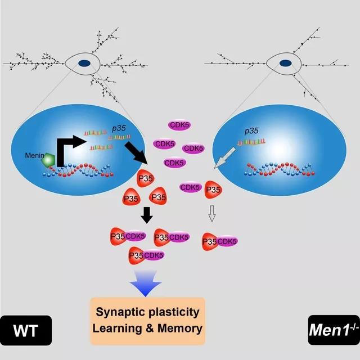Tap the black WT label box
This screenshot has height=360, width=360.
(26, 330)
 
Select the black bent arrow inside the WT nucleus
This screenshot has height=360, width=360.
(67, 155)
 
